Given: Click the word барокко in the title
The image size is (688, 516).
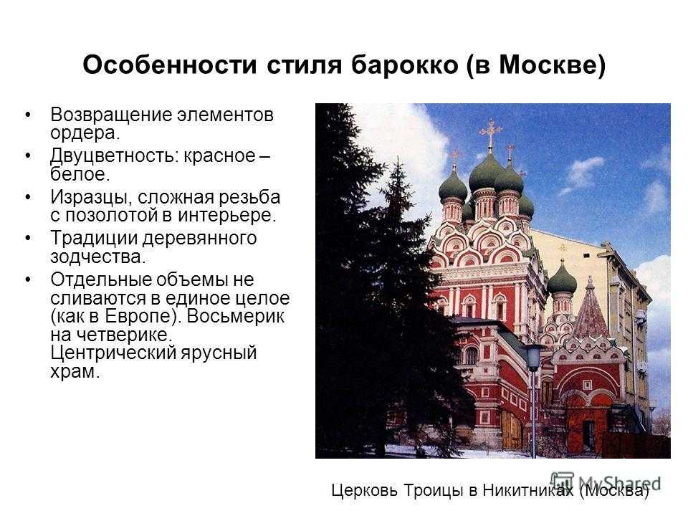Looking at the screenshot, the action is pos(404,65).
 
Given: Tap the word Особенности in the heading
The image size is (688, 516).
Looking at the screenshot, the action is pos(169,65).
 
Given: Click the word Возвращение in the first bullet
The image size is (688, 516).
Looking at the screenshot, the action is pos(112,115).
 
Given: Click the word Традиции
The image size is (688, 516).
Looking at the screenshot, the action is pos(94,238).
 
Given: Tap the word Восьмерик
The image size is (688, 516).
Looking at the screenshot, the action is pos(236,316).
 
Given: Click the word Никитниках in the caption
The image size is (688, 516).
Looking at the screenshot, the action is pos(528,490).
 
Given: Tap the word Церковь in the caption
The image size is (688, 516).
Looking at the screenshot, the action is pos(365,490).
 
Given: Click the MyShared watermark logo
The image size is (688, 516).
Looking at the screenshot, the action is pos(606,482).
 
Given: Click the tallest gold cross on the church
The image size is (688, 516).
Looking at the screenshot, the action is pos(490,133).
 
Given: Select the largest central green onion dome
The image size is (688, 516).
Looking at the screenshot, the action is pos(486,173).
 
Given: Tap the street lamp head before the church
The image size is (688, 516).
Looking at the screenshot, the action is pos(533,356).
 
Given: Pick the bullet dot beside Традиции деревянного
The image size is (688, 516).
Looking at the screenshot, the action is pos(29,238).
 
